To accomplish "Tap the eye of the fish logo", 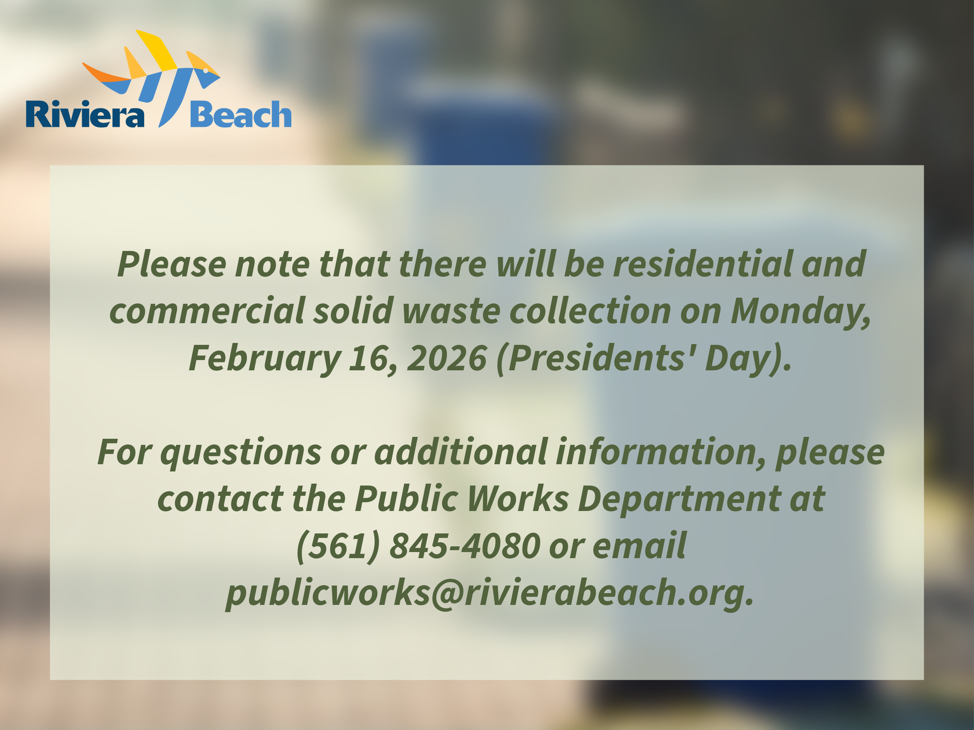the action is (x=206, y=70).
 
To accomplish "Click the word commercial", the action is (x=207, y=311).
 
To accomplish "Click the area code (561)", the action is (x=338, y=546).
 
